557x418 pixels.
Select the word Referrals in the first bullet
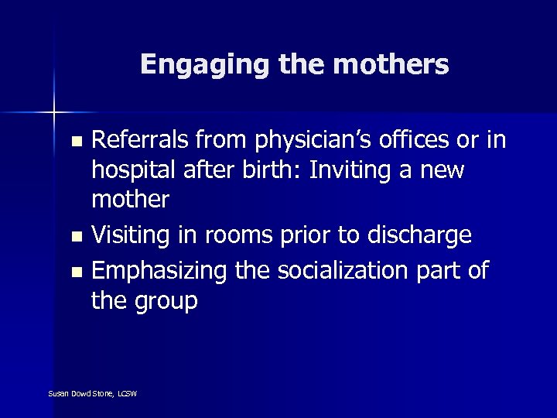coord(143,141)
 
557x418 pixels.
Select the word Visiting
coord(138,235)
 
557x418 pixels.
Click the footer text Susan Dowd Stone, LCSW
coord(92,394)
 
